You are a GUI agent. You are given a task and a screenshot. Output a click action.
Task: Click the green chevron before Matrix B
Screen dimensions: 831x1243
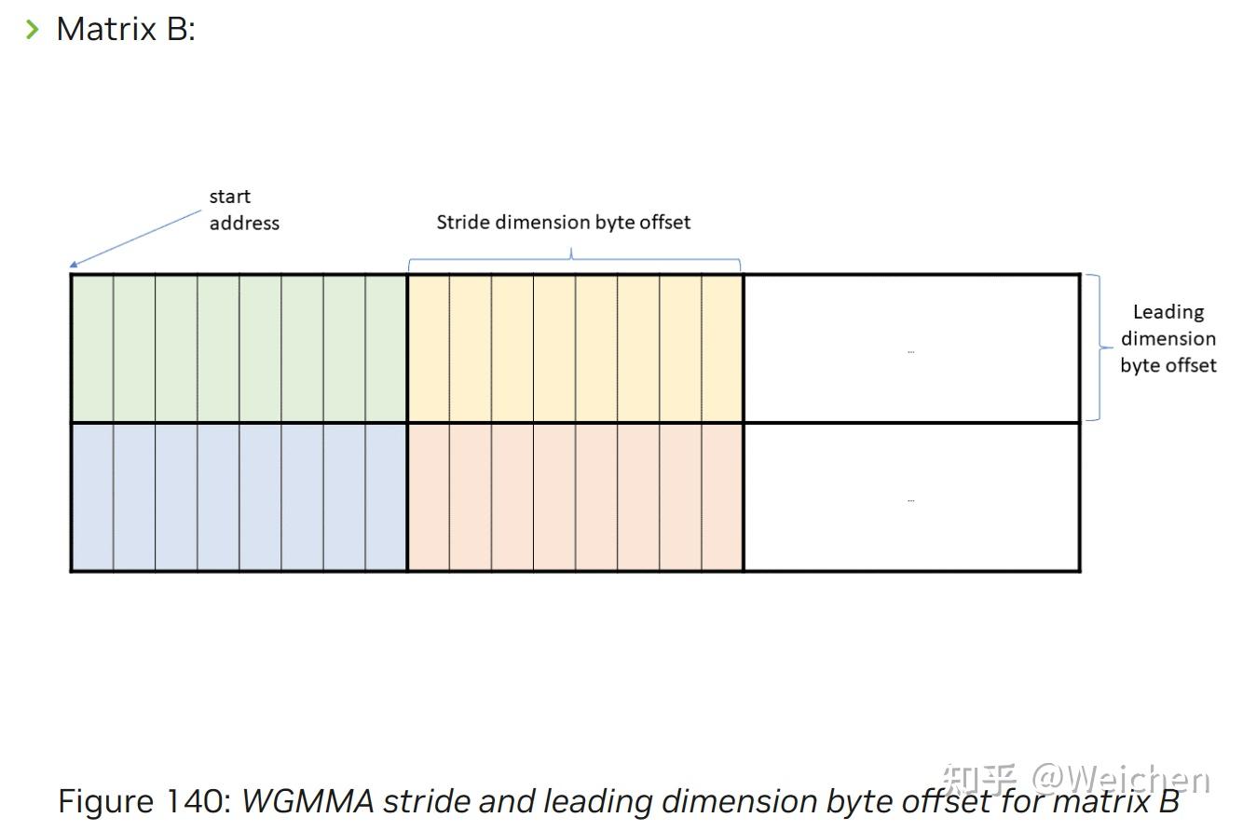pyautogui.click(x=33, y=29)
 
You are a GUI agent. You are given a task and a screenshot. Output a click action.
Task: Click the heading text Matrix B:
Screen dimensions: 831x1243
pyautogui.click(x=126, y=29)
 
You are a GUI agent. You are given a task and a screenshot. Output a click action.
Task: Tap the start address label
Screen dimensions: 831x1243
pyautogui.click(x=243, y=210)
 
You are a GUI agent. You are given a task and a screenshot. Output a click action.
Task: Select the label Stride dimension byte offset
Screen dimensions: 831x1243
pyautogui.click(x=564, y=222)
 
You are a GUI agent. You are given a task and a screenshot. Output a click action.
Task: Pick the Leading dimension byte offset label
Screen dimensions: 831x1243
pyautogui.click(x=1168, y=338)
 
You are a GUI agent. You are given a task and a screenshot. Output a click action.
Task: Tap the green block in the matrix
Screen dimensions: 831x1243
pyautogui.click(x=239, y=347)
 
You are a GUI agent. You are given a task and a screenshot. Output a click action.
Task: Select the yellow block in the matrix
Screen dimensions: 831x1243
pyautogui.click(x=575, y=347)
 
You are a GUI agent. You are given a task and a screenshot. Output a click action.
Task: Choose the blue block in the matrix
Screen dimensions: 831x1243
pyautogui.click(x=239, y=497)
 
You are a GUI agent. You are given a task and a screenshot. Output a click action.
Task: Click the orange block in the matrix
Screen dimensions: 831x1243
pyautogui.click(x=575, y=497)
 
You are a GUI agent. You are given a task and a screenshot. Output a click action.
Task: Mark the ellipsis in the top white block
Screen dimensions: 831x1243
pyautogui.click(x=910, y=351)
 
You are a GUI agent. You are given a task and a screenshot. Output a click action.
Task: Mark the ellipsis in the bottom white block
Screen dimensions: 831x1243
pyautogui.click(x=910, y=500)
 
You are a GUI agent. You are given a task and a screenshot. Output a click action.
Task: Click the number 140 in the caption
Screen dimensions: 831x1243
pyautogui.click(x=198, y=801)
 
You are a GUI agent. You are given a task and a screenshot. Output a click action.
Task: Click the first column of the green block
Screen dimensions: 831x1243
pyautogui.click(x=92, y=347)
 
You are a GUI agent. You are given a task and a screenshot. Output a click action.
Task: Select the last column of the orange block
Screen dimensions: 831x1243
pyautogui.click(x=722, y=497)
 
